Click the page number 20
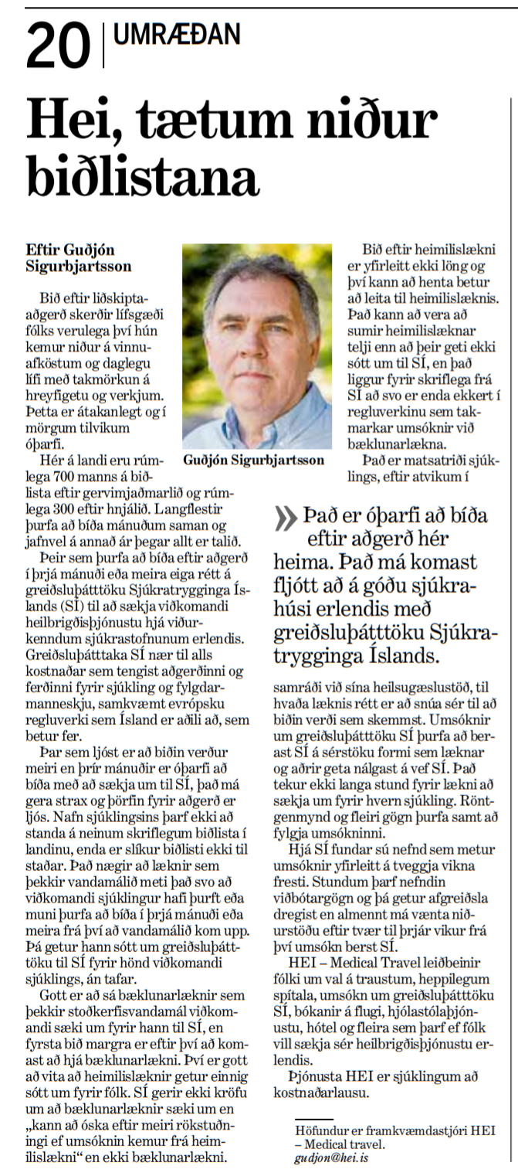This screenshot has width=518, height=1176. [x=58, y=46]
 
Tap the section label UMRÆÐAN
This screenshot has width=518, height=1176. [x=177, y=34]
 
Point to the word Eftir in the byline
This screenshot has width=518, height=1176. [x=42, y=251]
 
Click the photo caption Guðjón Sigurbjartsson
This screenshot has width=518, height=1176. [x=254, y=461]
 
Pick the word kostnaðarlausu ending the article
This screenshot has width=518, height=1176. [x=321, y=1093]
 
